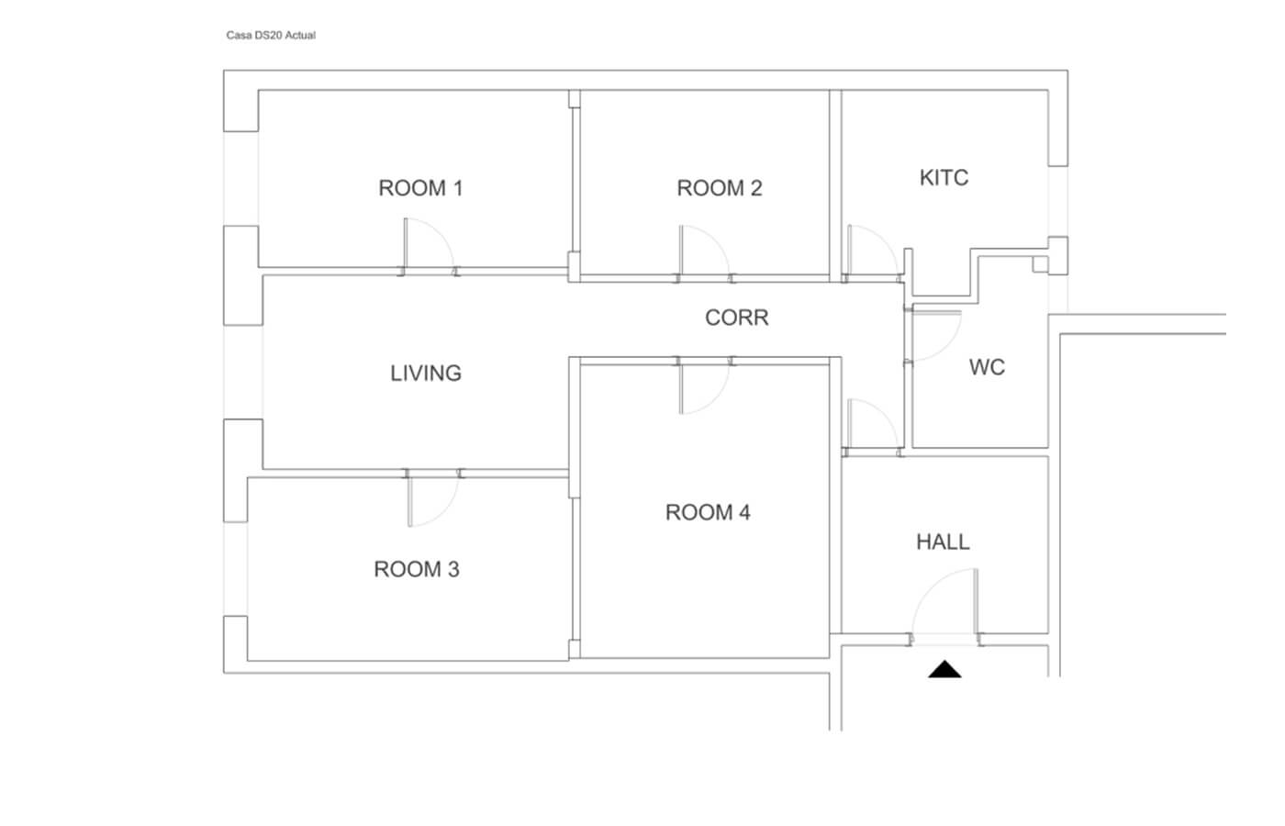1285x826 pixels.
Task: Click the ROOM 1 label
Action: coord(420,188)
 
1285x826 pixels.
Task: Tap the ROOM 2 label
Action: coord(720,188)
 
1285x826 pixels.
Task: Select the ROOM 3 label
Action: coord(417,570)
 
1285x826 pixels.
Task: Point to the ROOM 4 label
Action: coord(708,512)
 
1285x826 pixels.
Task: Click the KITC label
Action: coord(944,178)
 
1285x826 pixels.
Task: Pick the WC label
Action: coord(987,367)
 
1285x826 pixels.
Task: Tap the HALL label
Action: coord(943,542)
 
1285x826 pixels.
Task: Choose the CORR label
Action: coord(736,318)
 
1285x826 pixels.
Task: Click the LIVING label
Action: coord(426,374)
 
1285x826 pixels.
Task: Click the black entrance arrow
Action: coord(944,670)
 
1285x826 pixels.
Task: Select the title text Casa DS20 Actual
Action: coord(271,36)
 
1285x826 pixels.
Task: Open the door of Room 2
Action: coord(704,251)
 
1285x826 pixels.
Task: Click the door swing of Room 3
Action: coord(433,501)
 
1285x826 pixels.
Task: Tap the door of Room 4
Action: coord(705,388)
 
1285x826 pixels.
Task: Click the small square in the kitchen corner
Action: coord(1041,264)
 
